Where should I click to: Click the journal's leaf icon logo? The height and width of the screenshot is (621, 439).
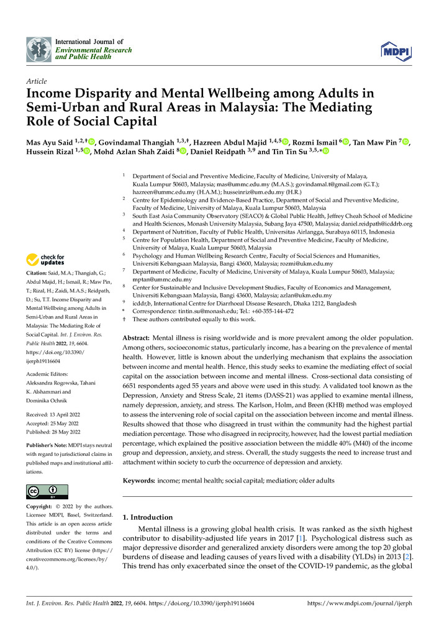coord(38,48)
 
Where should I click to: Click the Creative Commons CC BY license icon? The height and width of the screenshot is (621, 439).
coord(47,492)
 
